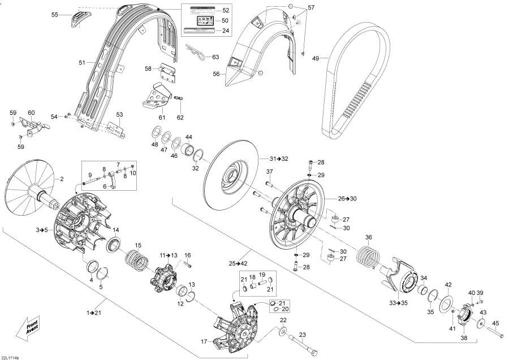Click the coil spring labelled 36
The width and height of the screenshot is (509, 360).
click(x=369, y=252)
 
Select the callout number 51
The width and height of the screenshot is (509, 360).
click(x=81, y=62)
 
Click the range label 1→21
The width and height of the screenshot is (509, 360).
click(x=94, y=312)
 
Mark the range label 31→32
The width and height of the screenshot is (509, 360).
click(x=278, y=158)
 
